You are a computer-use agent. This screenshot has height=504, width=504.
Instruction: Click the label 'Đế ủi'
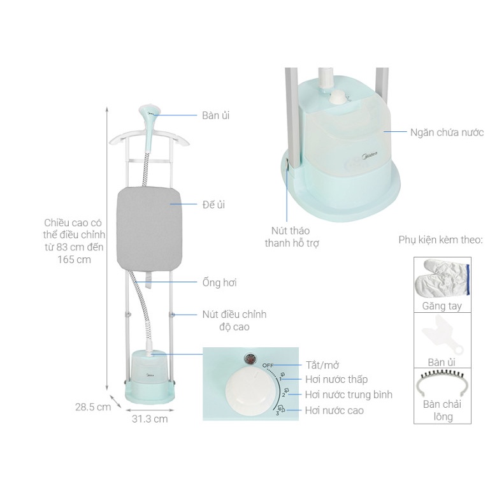213,205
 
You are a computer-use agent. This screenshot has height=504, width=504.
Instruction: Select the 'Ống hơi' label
220,282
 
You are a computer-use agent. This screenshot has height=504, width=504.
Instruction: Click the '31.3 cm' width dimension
150,419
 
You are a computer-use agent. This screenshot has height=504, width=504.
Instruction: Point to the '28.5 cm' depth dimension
93,407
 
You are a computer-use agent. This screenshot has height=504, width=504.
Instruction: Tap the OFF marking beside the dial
268,366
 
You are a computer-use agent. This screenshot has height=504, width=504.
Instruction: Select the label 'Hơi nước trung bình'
349,394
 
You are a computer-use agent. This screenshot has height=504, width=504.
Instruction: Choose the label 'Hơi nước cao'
335,410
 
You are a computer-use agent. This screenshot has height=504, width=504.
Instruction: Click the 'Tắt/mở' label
322,365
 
